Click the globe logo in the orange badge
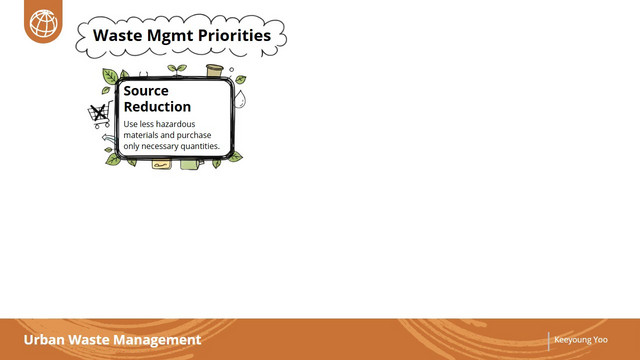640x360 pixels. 43,23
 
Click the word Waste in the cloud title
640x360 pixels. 118,36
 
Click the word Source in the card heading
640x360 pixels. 146,91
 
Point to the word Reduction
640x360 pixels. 157,107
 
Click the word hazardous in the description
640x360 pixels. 176,124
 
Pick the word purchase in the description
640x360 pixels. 194,135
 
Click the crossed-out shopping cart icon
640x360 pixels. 100,115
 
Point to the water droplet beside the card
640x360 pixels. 240,99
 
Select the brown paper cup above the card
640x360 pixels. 215,70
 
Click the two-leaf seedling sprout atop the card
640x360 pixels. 177,70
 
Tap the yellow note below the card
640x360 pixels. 162,164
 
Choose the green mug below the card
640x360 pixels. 191,164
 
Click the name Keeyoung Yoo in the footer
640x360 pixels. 581,340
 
